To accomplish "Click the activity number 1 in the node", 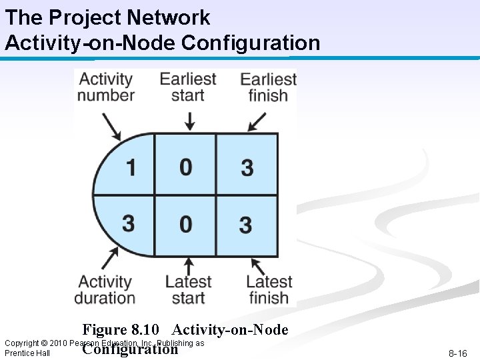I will [131, 166].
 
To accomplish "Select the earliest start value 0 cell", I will [186, 166].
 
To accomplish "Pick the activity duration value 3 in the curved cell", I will [128, 223].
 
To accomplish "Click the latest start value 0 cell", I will [186, 223].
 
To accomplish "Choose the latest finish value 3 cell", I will [246, 224].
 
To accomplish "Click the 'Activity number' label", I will [105, 87].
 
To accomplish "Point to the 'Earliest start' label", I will [187, 87].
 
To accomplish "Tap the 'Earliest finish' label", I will [268, 87].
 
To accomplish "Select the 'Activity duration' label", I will [104, 290].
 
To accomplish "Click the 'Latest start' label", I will [188, 290].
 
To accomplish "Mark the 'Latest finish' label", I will [269, 290].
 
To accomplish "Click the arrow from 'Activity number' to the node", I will [111, 125].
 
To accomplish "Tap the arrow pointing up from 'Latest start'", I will [189, 265].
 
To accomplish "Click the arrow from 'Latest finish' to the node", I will [257, 261].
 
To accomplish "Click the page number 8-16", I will [457, 353].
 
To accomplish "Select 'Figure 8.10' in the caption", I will [121, 329].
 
